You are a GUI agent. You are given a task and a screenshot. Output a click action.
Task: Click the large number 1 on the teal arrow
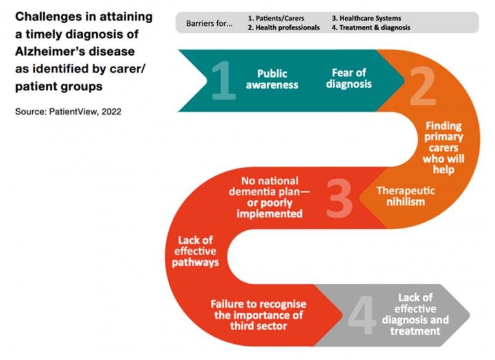(x=224, y=81)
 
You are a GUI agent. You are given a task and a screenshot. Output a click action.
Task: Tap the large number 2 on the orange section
(x=423, y=86)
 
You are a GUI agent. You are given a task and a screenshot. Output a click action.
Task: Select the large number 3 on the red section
(x=340, y=198)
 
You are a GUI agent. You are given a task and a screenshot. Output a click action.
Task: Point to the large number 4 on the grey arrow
(x=362, y=315)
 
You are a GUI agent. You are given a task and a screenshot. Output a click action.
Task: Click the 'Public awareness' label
(x=272, y=79)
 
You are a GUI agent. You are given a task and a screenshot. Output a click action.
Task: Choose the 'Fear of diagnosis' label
(x=349, y=78)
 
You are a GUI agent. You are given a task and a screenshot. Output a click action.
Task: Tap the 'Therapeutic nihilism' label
(x=405, y=196)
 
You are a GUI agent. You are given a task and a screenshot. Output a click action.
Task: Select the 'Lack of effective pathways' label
(x=195, y=251)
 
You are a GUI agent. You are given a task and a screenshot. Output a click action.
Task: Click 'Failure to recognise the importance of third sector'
(x=258, y=315)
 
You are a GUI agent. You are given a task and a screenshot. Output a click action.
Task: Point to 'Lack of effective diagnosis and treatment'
(x=415, y=314)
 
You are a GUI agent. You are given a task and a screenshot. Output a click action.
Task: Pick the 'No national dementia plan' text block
(x=269, y=197)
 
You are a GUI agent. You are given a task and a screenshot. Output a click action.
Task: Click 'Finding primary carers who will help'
(x=443, y=148)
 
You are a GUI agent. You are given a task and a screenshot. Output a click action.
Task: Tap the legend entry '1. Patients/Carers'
(x=276, y=18)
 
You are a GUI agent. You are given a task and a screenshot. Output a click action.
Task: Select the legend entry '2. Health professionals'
(x=284, y=28)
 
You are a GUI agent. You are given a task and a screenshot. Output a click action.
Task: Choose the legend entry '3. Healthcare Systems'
(x=367, y=18)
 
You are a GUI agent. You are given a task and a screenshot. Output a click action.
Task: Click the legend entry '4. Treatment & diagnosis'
(x=371, y=28)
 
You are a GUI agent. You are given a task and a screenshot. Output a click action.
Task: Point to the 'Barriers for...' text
(x=209, y=23)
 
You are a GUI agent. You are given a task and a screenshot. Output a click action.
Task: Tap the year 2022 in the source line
(x=112, y=112)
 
